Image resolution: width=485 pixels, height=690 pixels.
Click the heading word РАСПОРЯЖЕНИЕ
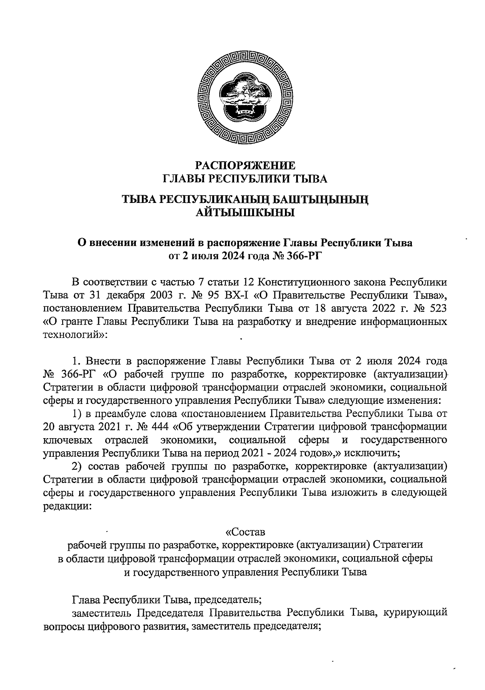click(x=245, y=165)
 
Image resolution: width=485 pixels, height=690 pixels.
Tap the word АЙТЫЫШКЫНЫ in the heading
click(x=245, y=212)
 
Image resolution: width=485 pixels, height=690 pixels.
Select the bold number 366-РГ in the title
click(x=304, y=255)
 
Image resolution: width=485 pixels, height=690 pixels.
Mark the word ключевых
click(x=65, y=440)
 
